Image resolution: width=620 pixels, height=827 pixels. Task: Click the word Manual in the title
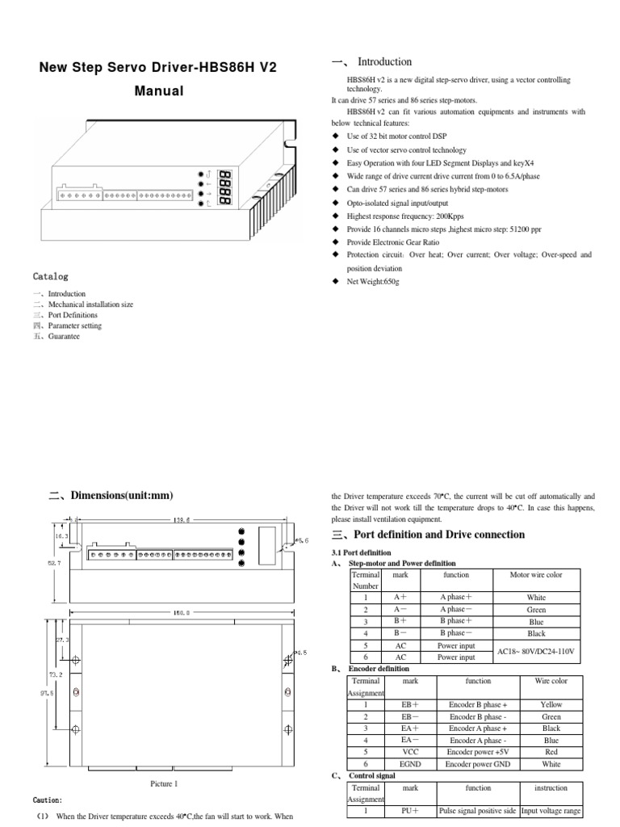click(158, 91)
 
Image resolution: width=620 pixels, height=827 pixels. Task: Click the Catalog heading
click(51, 276)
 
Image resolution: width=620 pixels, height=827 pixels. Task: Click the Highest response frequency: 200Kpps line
click(405, 216)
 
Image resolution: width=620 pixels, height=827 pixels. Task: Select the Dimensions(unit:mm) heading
click(121, 495)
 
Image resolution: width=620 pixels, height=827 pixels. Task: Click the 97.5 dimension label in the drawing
click(49, 692)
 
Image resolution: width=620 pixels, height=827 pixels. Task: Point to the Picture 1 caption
click(163, 783)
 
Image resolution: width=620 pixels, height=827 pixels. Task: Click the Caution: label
click(47, 800)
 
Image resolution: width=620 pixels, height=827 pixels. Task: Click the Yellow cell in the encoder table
click(551, 704)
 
